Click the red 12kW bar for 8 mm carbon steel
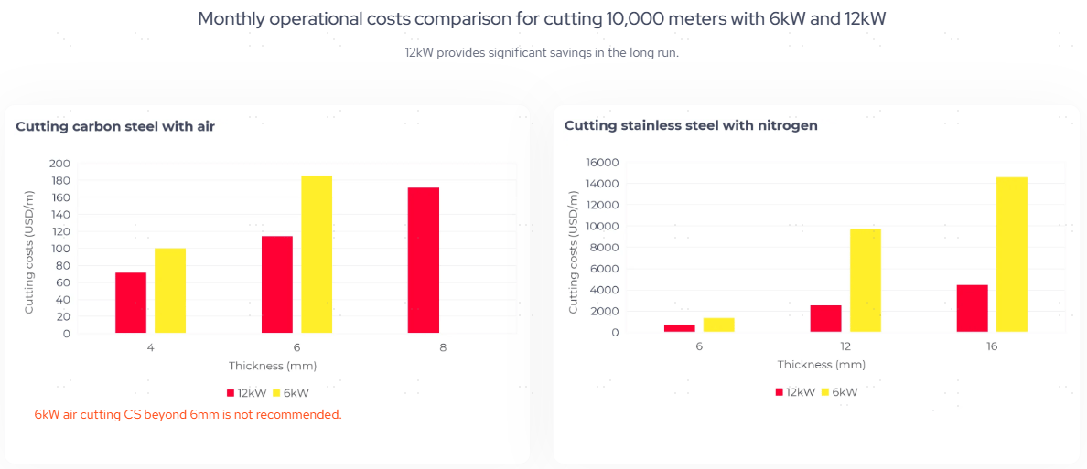tap(424, 261)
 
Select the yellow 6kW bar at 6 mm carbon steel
tap(317, 254)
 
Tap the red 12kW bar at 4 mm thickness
tap(131, 303)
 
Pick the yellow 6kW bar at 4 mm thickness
tap(170, 291)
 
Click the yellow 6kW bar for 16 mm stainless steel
tap(1011, 254)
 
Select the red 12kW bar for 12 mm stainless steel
tap(825, 318)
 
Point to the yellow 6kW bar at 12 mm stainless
tap(866, 280)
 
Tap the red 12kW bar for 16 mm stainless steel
tap(972, 308)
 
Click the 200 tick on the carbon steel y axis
tap(60, 163)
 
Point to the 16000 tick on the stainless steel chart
tap(600, 162)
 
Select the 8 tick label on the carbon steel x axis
tap(443, 348)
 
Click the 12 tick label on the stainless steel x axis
tap(845, 347)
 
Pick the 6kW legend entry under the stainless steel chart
tap(839, 391)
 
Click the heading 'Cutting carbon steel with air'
tap(115, 126)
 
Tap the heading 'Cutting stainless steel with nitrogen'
tap(691, 125)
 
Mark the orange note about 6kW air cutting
tap(188, 414)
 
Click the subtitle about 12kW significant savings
tap(542, 52)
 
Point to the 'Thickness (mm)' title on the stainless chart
tap(821, 364)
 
